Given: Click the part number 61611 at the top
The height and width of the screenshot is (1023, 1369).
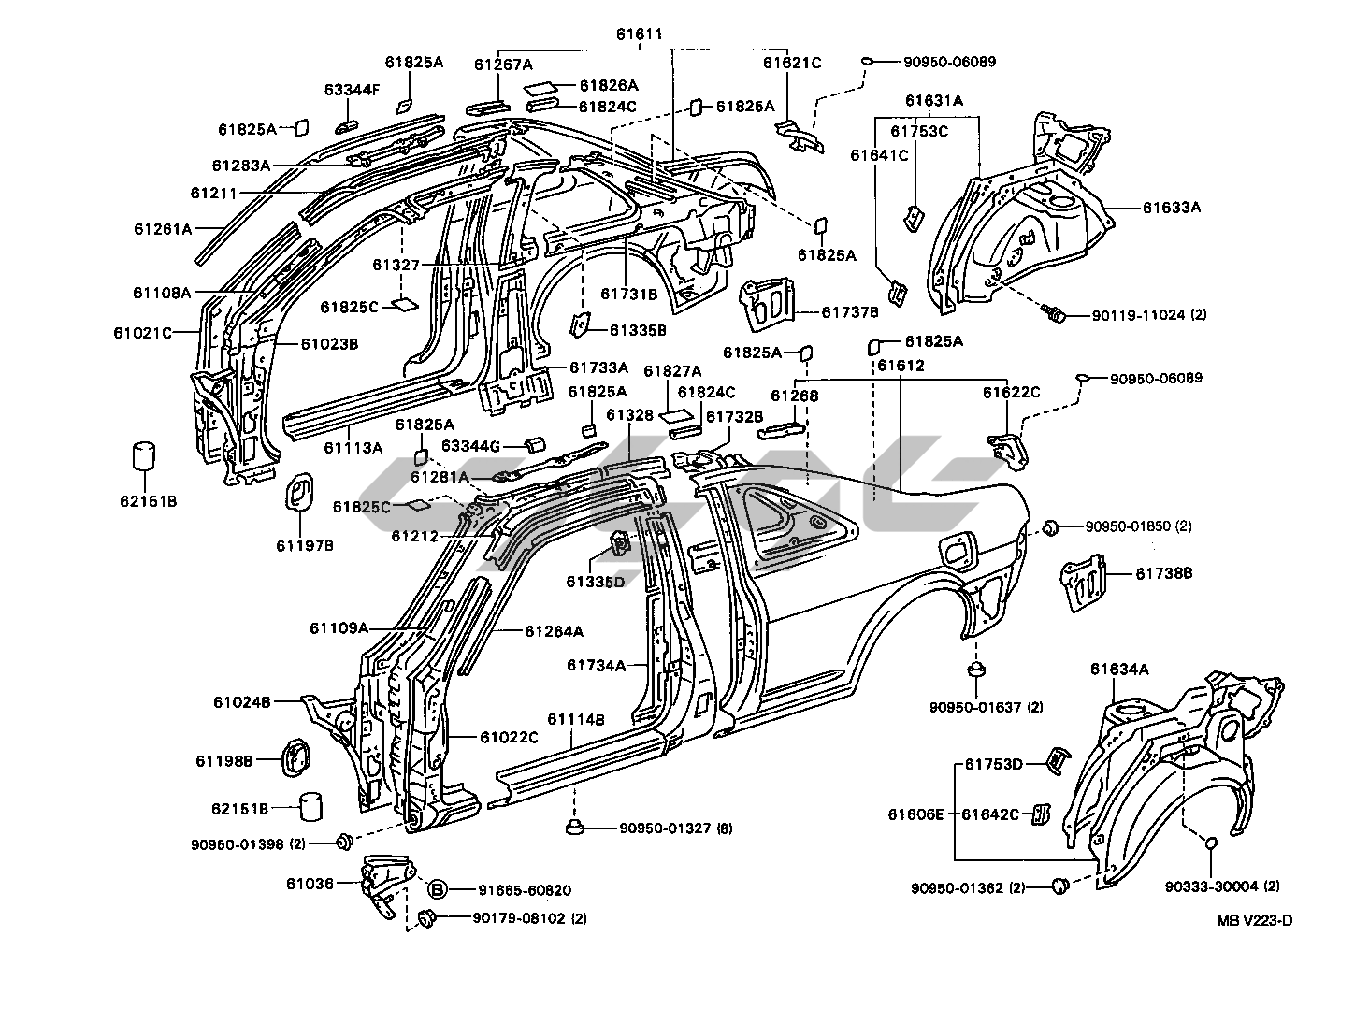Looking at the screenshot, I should point(639,35).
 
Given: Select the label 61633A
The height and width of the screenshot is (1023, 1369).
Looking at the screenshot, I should point(1170,208).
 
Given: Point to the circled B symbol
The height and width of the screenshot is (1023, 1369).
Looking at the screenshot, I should point(439,889).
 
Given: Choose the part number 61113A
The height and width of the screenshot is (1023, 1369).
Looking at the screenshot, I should point(353,447).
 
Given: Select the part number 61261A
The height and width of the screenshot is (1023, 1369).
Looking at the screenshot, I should point(162,228).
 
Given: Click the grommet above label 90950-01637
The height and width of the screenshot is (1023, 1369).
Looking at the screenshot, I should point(976,670).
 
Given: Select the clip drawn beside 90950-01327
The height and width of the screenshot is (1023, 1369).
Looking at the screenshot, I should point(575,827).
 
